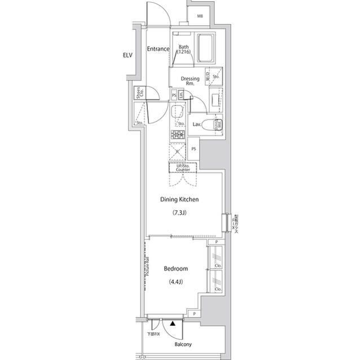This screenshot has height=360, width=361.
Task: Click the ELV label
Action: pos(127,55)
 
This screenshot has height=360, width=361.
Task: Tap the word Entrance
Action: pos(159,49)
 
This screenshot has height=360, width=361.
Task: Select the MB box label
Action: pos(200,16)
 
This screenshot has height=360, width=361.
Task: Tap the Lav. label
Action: pos(197,124)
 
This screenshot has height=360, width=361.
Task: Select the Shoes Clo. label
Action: pos(138,93)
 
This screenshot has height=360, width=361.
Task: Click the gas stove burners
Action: pos(179,134)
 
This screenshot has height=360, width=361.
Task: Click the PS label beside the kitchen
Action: pos(193,149)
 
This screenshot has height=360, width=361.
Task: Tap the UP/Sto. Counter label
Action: pos(183,167)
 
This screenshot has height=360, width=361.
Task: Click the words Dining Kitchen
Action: pos(179,199)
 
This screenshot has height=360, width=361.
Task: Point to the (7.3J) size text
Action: pos(179,213)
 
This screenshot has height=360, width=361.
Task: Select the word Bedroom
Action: pos(175,269)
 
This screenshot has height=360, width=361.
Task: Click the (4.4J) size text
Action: pos(175,282)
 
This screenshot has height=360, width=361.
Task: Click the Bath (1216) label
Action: pos(184,50)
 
